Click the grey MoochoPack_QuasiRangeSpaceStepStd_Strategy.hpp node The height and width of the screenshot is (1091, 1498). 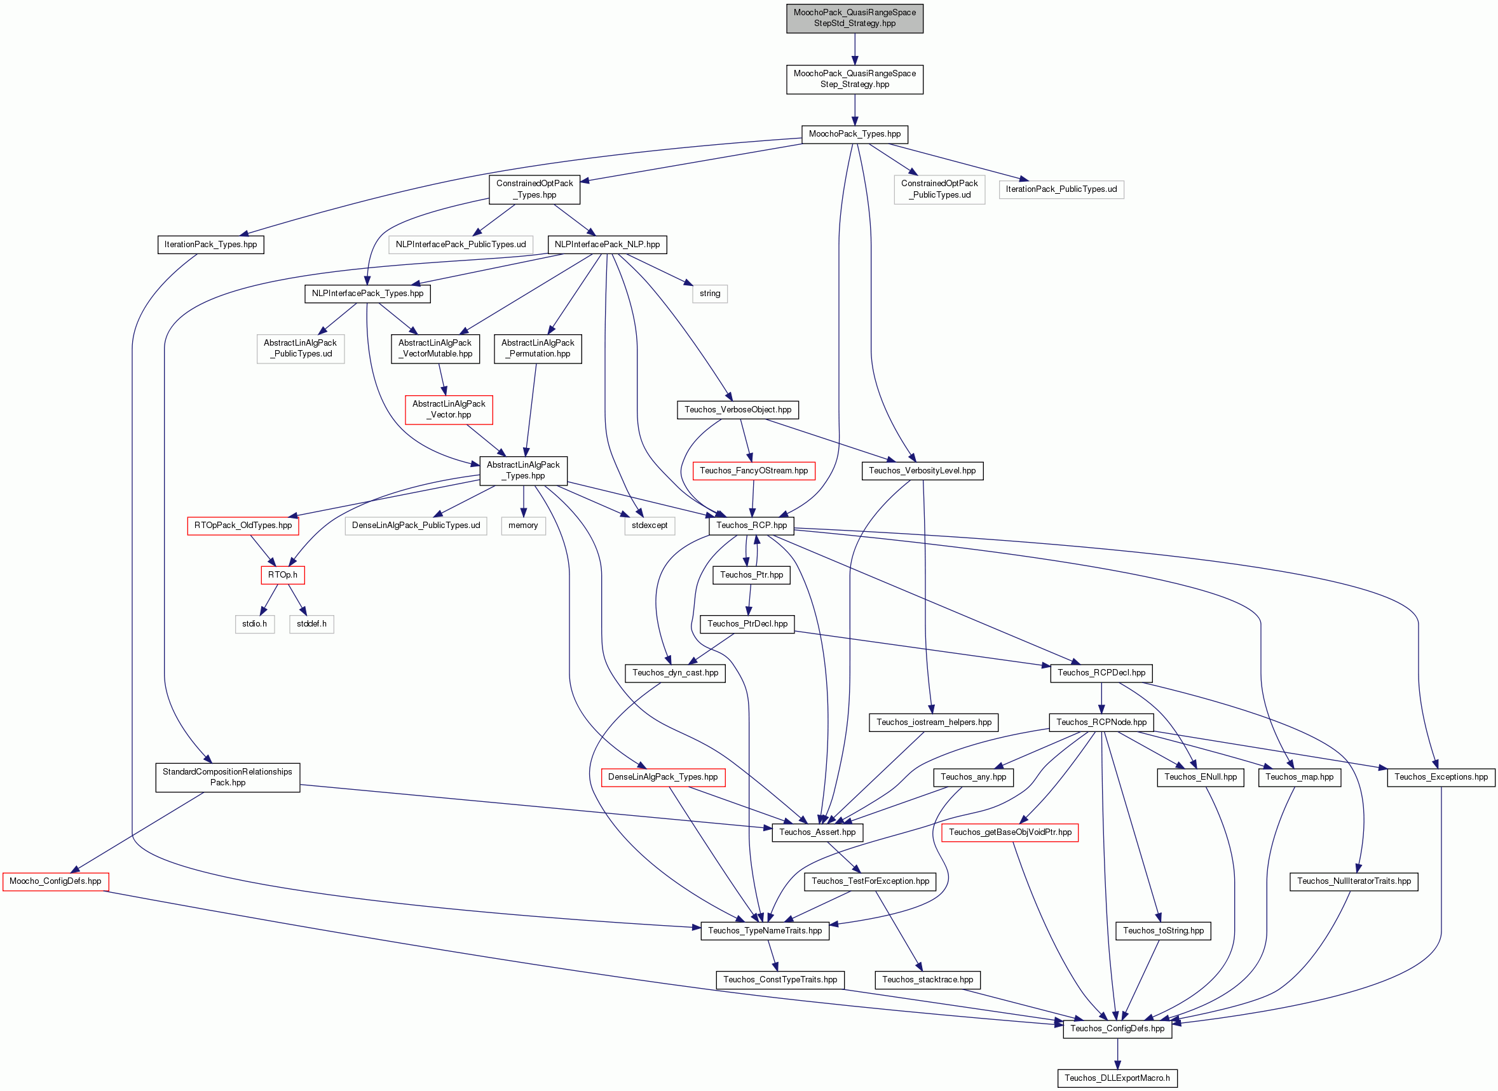[x=854, y=18]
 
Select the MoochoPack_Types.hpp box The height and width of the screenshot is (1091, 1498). [x=855, y=134]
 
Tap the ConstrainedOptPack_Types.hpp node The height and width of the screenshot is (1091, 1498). [x=535, y=189]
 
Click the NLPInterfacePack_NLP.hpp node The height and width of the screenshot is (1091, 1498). [x=607, y=245]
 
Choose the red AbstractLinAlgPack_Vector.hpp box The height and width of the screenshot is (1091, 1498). [x=449, y=409]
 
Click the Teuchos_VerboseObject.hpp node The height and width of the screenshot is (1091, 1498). [x=738, y=410]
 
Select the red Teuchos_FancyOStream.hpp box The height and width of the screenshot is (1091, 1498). [x=754, y=471]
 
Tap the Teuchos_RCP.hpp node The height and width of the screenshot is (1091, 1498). [x=752, y=525]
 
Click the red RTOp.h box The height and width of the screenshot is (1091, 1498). [x=283, y=575]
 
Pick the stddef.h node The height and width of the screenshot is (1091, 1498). [x=311, y=624]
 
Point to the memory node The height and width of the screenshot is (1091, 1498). [x=523, y=525]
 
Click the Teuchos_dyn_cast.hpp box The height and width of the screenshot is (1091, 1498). [x=675, y=673]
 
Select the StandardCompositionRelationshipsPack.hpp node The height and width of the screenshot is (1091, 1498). [x=227, y=777]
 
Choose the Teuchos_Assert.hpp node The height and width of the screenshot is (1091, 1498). [x=817, y=833]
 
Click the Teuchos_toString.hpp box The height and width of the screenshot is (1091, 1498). [x=1163, y=931]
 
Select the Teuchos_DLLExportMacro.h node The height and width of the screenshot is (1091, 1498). [x=1117, y=1078]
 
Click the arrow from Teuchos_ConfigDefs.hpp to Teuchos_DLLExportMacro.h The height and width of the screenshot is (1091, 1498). [x=1117, y=1054]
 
